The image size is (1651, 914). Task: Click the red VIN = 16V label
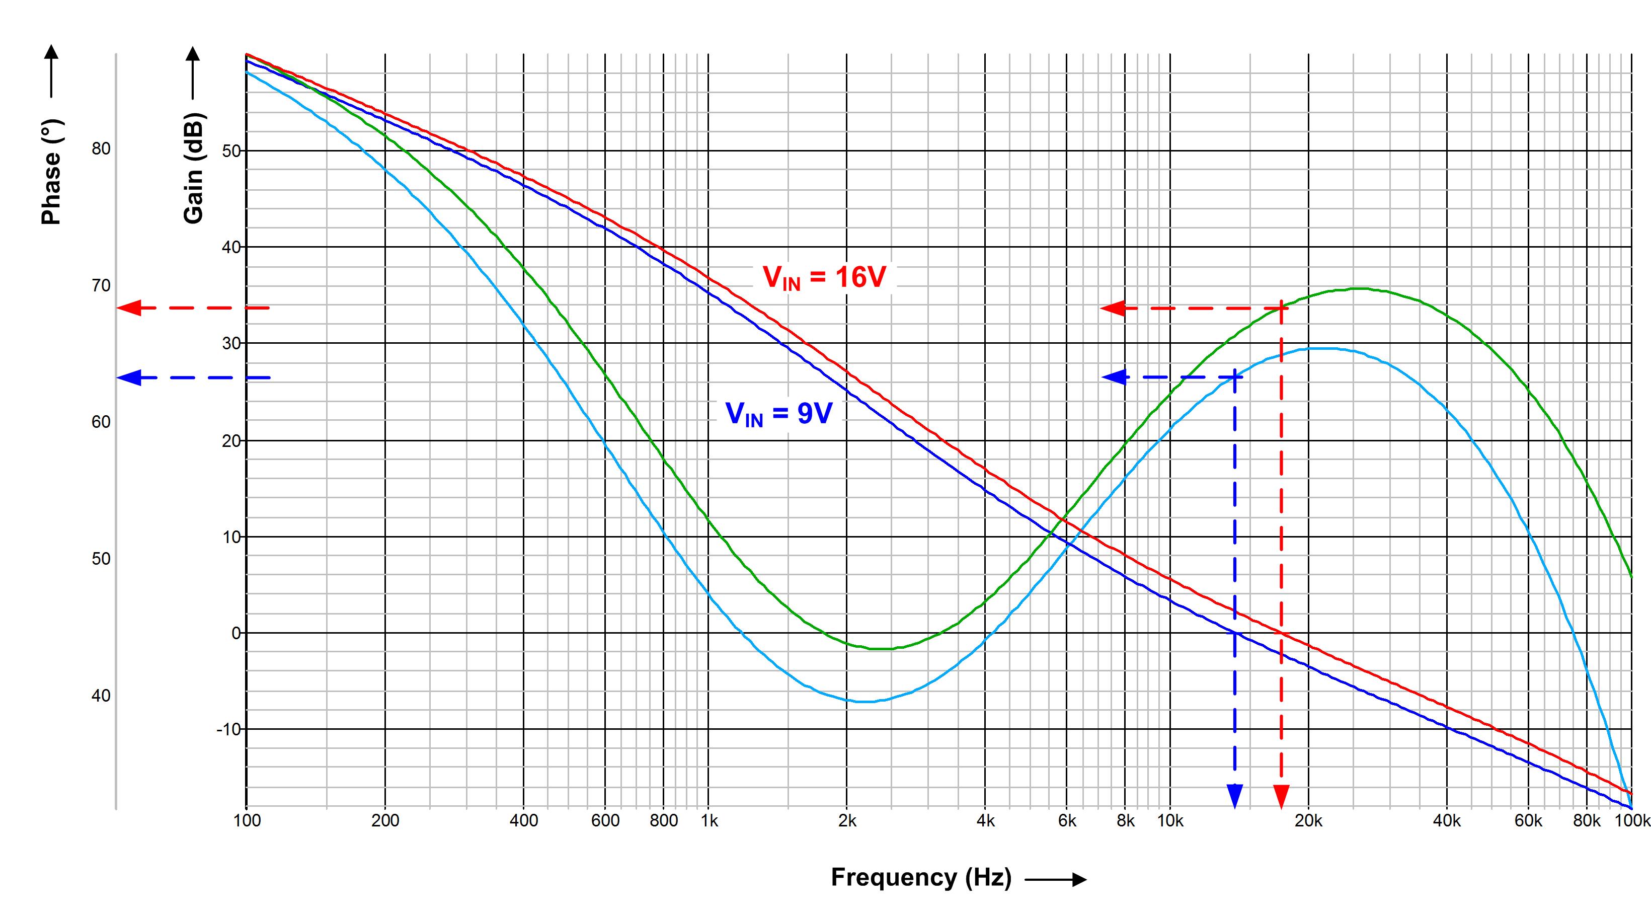[824, 277]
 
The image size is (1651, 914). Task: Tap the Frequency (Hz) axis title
[921, 877]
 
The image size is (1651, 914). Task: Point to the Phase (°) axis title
[51, 172]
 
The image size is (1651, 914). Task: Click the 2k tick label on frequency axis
[847, 821]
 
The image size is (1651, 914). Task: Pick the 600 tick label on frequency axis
[605, 821]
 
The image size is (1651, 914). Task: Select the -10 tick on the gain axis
[228, 729]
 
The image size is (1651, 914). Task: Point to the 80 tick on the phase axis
[101, 148]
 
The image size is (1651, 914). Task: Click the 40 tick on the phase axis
[101, 696]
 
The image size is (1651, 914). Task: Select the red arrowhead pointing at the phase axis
[128, 309]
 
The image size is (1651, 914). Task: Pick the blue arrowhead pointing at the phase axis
[128, 377]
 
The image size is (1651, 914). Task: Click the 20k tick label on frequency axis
[1308, 821]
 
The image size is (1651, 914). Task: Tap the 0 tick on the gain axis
[236, 633]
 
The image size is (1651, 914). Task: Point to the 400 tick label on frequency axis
[524, 821]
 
